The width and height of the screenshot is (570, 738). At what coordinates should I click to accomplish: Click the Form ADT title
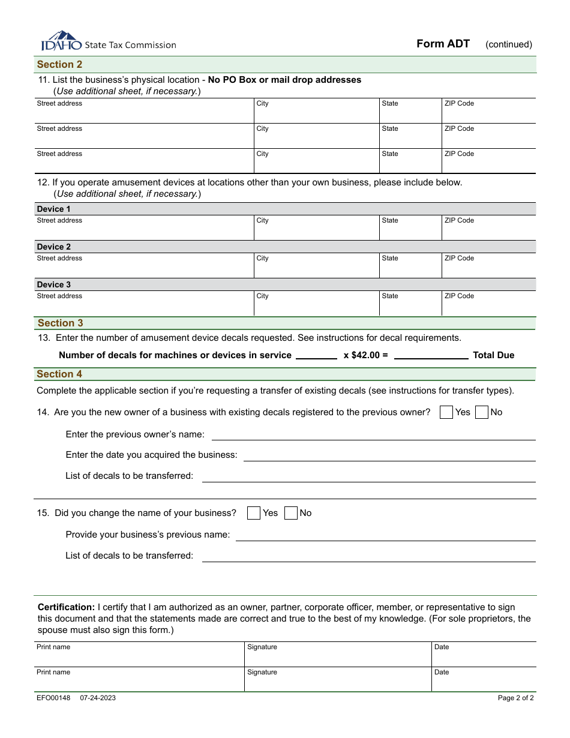443,44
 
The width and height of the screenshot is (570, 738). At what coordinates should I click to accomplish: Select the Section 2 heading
59,64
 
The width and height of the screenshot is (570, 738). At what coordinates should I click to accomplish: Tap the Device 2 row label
54,247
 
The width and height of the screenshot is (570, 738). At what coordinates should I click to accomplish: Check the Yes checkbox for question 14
446,412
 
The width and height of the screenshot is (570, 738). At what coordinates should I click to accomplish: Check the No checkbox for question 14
481,412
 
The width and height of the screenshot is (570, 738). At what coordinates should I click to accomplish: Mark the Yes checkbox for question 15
254,513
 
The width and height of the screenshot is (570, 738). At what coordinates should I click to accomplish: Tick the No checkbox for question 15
291,513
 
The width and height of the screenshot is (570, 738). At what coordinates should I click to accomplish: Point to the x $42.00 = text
365,355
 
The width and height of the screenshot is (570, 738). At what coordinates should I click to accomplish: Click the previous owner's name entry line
373,434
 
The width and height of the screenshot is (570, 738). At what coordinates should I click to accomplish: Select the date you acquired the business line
389,455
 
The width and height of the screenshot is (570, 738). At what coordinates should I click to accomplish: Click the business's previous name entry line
385,535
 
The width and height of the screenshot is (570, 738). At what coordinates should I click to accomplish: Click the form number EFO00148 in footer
53,698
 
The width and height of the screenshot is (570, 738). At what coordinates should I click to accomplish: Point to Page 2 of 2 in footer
515,698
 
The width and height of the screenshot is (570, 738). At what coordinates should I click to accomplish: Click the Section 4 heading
59,374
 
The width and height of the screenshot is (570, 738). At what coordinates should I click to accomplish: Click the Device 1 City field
316,229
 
